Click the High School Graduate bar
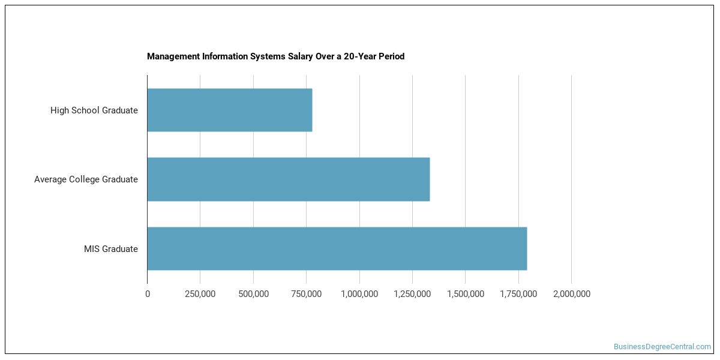(x=230, y=110)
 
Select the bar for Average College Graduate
(x=289, y=179)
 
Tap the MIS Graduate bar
(x=337, y=248)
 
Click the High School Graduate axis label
(x=94, y=110)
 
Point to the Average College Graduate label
(x=86, y=179)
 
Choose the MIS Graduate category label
(x=111, y=248)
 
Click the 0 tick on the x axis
(x=148, y=294)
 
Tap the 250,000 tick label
(x=200, y=294)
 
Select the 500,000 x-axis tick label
(x=253, y=294)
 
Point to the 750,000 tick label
(x=306, y=294)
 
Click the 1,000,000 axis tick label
(x=359, y=294)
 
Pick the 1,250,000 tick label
(x=412, y=294)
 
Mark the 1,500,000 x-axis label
(x=465, y=294)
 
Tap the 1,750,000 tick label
(x=518, y=294)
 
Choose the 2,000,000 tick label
(x=571, y=294)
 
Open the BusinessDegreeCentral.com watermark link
(x=662, y=347)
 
